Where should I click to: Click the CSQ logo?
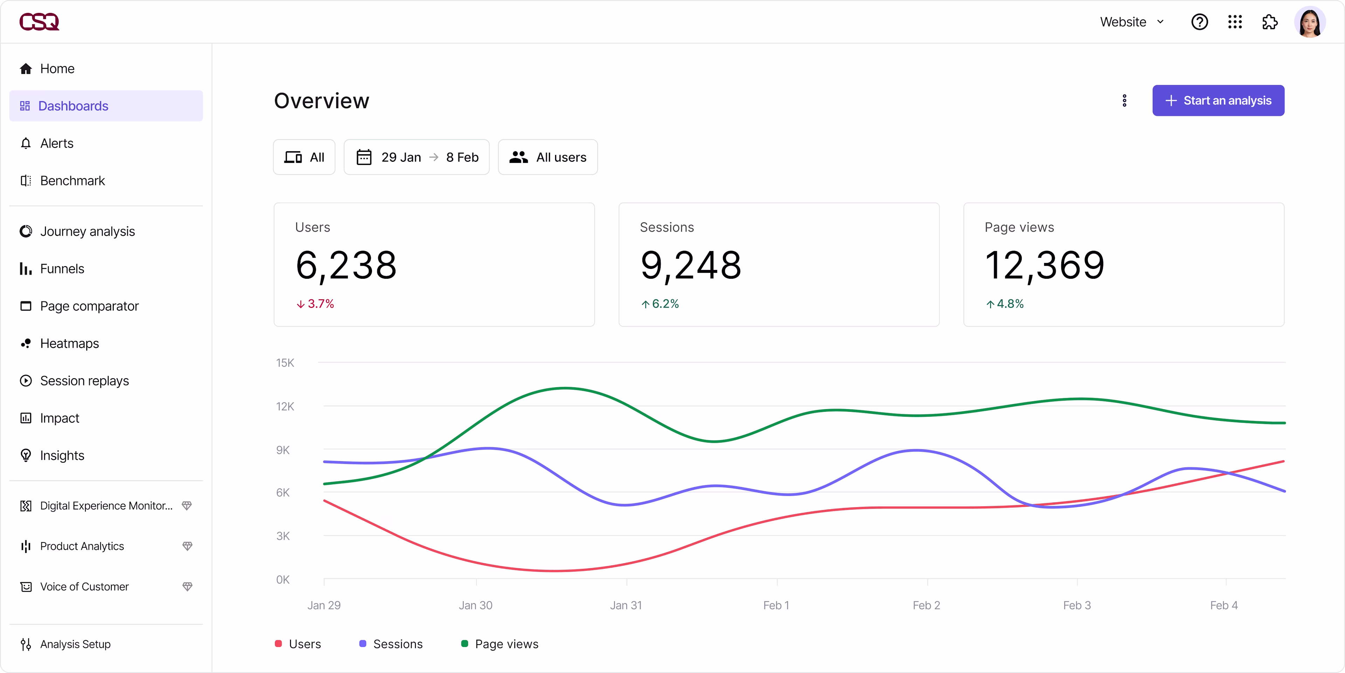point(39,22)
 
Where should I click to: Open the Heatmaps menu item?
point(69,344)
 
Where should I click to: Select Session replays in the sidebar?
point(84,381)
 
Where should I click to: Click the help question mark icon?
point(1199,22)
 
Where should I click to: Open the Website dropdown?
point(1131,22)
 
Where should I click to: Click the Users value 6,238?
point(346,265)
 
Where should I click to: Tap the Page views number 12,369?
point(1044,265)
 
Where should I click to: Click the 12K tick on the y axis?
point(285,406)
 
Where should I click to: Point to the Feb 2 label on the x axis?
point(926,605)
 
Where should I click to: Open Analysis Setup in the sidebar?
point(75,644)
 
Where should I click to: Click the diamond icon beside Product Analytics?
point(187,546)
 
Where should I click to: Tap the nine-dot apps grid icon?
point(1235,22)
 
